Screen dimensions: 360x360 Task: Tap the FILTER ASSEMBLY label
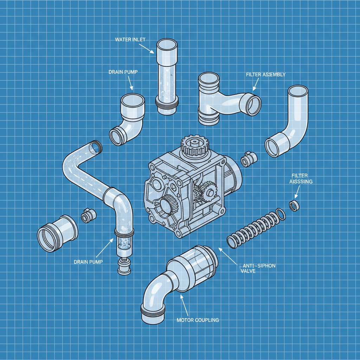pos(266,75)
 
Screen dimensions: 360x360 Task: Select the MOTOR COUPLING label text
pos(198,320)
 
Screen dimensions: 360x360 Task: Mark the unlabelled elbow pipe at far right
pos(288,123)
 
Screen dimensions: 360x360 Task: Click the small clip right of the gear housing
pos(248,159)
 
